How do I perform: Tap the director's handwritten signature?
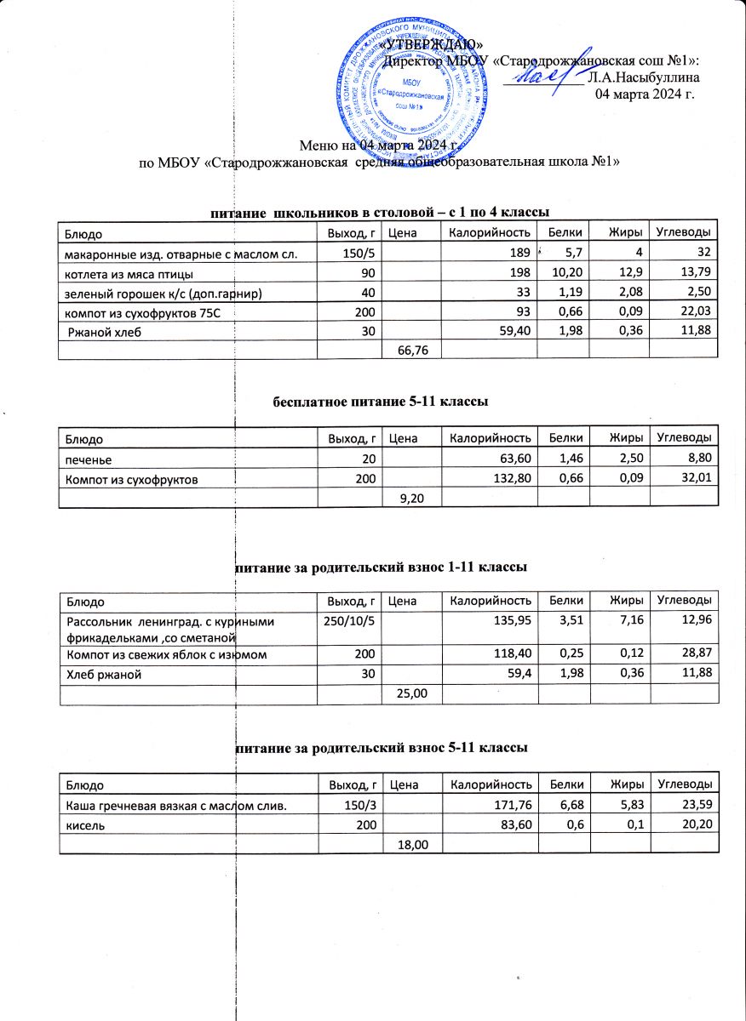(542, 76)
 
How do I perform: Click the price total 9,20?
(411, 498)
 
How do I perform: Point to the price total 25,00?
(410, 695)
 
